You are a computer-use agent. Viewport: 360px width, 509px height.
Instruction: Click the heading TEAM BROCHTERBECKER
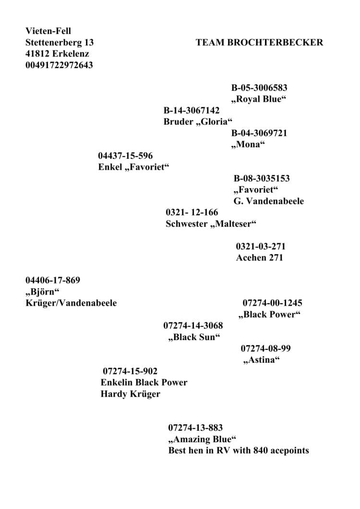point(259,42)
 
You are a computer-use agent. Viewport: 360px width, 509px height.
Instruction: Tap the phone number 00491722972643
point(59,65)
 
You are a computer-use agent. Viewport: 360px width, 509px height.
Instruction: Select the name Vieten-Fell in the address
point(48,31)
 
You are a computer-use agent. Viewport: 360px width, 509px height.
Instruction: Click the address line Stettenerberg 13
point(60,42)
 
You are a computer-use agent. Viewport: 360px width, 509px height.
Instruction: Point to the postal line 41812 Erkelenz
point(57,54)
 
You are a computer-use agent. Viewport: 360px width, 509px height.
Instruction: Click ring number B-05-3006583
point(259,88)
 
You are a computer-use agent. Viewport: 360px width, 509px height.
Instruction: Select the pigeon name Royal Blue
point(259,99)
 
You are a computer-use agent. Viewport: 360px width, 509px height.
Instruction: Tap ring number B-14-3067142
point(192,110)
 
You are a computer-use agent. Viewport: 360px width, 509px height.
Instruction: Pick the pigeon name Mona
point(248,144)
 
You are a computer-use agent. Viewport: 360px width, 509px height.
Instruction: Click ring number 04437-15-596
point(125,155)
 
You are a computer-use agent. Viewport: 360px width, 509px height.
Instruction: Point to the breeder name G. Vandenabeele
point(269,201)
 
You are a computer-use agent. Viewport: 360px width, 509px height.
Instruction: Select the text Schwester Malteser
point(211,224)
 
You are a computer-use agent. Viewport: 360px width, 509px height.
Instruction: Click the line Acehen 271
point(260,258)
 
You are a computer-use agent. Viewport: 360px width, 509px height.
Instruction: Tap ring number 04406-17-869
point(53,280)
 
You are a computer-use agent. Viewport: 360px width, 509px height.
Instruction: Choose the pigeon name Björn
point(42,292)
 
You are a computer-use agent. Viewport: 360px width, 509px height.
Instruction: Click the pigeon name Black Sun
point(194,337)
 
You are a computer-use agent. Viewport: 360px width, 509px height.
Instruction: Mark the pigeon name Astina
point(262,360)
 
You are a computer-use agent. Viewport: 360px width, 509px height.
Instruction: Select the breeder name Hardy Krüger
point(130,394)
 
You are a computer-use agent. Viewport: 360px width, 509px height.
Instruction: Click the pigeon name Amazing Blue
point(202,439)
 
